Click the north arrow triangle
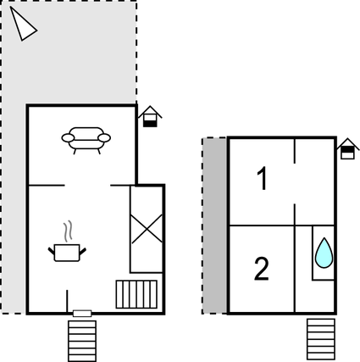22,25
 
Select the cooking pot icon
67,253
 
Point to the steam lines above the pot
68,231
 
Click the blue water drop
324,253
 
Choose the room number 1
263,178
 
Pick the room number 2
262,269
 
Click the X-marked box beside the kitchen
147,229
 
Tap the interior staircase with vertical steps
136,294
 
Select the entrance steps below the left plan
82,341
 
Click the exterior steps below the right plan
321,340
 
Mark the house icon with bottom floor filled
150,116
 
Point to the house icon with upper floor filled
348,149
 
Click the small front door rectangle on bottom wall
82,314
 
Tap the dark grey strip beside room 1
214,226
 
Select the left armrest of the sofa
68,138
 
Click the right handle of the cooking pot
82,252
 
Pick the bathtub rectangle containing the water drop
323,253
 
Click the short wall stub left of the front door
67,301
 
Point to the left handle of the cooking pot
52,252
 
